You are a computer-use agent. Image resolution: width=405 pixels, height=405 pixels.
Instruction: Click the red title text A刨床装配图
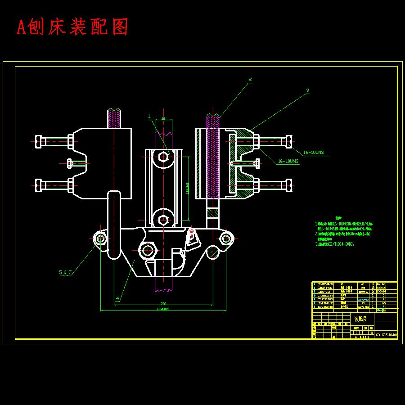coord(72,27)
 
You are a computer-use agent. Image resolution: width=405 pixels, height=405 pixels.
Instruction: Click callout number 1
coord(149,116)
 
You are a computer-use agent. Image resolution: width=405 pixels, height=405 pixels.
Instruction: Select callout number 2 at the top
coord(250,80)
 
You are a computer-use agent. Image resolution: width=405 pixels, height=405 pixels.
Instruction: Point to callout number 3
coord(307,90)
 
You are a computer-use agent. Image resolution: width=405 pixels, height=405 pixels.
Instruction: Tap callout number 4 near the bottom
coord(117,298)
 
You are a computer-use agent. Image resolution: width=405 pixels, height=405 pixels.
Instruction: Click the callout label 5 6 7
coord(65,272)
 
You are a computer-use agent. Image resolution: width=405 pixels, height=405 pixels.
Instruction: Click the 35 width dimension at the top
coord(163,119)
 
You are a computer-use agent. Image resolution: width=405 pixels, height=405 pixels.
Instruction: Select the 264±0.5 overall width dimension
coord(163,309)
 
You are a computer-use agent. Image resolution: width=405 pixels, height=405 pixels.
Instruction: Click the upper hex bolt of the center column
coord(163,157)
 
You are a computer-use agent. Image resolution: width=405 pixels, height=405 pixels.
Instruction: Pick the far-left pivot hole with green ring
coord(100,238)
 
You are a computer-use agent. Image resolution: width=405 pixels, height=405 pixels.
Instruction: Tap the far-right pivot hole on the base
coord(225,238)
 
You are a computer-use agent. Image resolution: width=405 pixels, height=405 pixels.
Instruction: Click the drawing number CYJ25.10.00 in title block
coord(386,335)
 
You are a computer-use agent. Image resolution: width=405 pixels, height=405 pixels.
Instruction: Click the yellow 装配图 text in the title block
coord(360,319)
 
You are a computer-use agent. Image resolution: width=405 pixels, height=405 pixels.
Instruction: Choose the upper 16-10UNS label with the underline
coord(313,153)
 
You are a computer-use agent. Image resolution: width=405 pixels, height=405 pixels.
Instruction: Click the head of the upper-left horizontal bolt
coord(40,141)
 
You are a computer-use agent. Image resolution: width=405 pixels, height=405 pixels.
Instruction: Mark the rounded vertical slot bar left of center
coord(114,225)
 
